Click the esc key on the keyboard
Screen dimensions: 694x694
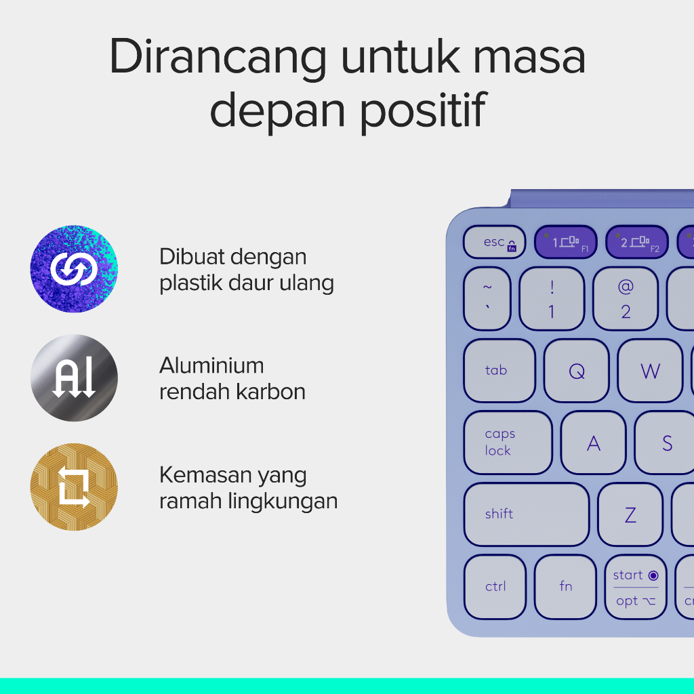tap(494, 242)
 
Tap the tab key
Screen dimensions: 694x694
tap(499, 371)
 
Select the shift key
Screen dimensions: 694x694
tap(527, 514)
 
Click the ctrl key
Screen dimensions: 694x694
tap(495, 586)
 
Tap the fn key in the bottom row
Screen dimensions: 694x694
tap(566, 586)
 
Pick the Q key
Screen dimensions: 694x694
tap(577, 371)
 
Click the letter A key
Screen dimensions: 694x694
tap(594, 443)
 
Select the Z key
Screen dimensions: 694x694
tap(630, 514)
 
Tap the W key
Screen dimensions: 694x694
tap(650, 371)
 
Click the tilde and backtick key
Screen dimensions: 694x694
tap(487, 299)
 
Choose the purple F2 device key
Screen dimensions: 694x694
tap(637, 242)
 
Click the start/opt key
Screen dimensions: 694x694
tap(636, 586)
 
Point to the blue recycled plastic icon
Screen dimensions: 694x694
tap(74, 268)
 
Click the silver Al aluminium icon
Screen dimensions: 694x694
tap(74, 377)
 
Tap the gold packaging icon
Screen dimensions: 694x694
tap(74, 487)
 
